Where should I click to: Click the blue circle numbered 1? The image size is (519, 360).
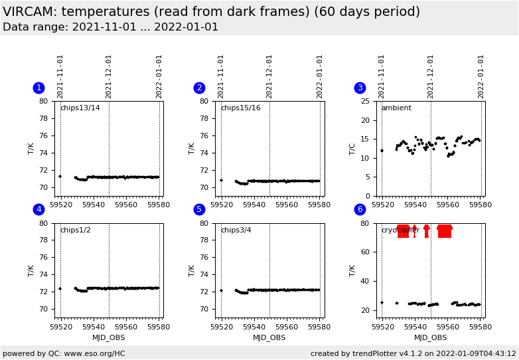(x=38, y=88)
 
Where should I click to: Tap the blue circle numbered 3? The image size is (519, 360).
(x=360, y=88)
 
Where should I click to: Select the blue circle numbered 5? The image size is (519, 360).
(x=199, y=209)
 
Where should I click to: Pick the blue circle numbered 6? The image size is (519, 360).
(x=360, y=209)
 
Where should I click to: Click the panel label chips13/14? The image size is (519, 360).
(x=80, y=108)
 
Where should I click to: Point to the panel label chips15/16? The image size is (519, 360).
(x=240, y=108)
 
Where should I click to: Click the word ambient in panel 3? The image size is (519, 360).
(x=396, y=108)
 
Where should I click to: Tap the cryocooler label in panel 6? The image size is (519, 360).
(x=400, y=230)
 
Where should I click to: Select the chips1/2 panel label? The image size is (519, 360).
(x=75, y=230)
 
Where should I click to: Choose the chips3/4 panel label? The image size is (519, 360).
(x=236, y=230)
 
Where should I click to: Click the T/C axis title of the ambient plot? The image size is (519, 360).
(x=352, y=149)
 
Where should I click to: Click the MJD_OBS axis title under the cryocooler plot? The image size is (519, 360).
(x=431, y=337)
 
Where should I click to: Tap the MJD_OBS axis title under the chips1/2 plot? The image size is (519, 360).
(x=109, y=337)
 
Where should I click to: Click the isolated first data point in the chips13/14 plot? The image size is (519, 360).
(x=60, y=176)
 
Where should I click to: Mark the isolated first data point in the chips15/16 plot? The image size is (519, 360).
(x=221, y=180)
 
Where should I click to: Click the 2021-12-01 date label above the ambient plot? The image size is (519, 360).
(x=431, y=76)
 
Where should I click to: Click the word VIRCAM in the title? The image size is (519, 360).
(x=31, y=12)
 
